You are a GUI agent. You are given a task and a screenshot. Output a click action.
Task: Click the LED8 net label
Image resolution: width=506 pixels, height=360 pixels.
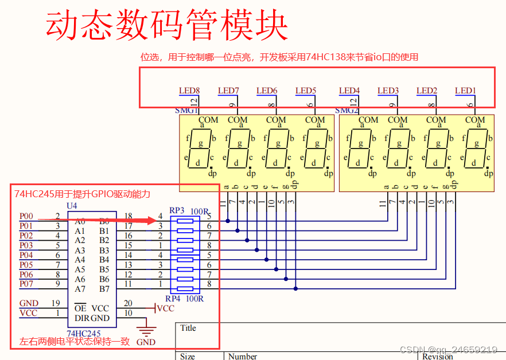[x=189, y=91]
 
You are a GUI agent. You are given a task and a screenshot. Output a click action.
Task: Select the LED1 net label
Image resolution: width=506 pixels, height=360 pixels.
[x=465, y=91]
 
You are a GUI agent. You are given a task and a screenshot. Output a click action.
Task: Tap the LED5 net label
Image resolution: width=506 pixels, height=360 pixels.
[x=306, y=91]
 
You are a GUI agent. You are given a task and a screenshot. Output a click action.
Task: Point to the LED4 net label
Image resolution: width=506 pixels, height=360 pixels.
[x=349, y=91]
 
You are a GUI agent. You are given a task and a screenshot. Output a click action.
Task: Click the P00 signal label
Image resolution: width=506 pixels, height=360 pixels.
[x=26, y=216]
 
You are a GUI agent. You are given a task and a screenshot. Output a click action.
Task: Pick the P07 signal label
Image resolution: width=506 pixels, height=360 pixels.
[x=26, y=284]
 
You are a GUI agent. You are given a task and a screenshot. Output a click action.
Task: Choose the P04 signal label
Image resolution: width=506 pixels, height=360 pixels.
[x=26, y=255]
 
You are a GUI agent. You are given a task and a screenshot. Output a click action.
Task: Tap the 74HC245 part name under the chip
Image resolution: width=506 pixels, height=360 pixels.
[x=84, y=333]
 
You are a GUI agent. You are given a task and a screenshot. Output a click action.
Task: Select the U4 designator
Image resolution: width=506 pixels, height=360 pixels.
[x=72, y=205]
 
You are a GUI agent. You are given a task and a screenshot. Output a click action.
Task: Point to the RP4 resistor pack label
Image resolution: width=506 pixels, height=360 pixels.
[x=173, y=299]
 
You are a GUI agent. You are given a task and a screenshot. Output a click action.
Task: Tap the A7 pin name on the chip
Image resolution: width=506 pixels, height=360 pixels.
[x=80, y=289]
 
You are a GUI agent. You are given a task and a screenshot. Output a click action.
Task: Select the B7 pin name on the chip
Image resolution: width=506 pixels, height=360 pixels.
[x=104, y=289]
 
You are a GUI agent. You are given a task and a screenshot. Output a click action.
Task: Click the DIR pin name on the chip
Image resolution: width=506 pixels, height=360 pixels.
[x=81, y=318]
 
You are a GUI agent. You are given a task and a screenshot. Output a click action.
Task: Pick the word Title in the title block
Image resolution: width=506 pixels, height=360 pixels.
[x=188, y=328]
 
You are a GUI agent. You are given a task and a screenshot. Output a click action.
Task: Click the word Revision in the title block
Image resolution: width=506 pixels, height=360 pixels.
[x=438, y=356]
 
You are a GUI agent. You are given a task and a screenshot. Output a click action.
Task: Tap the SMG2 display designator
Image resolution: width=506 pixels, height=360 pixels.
[x=347, y=110]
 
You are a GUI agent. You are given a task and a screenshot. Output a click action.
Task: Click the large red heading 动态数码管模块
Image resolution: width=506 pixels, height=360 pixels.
[x=166, y=26]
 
